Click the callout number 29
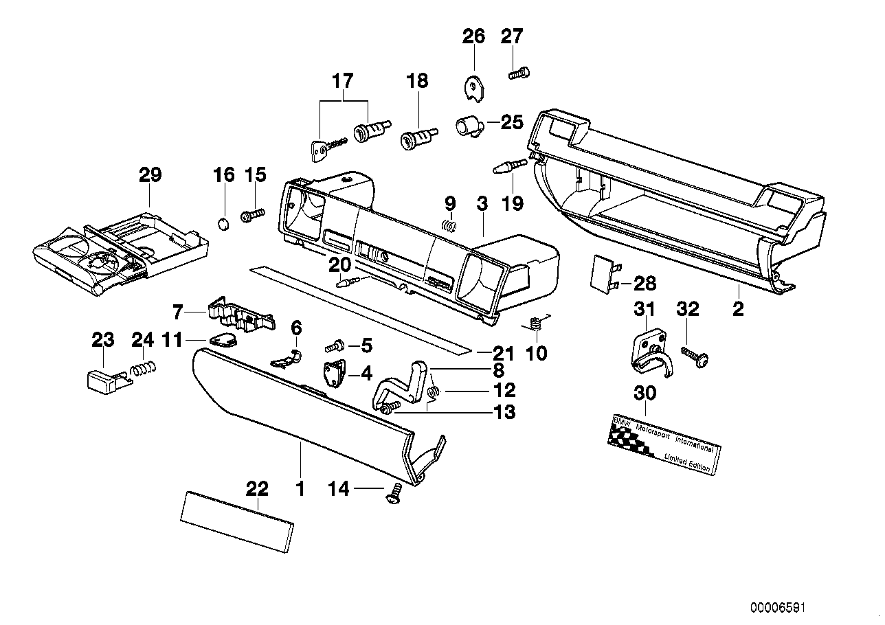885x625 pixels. pos(150,175)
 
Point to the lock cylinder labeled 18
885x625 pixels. pos(416,135)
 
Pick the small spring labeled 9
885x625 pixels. pos(449,225)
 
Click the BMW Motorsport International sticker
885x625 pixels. pos(664,444)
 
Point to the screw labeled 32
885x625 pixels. pos(695,356)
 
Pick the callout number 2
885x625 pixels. pos(738,310)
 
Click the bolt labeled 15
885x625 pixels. pos(252,216)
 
